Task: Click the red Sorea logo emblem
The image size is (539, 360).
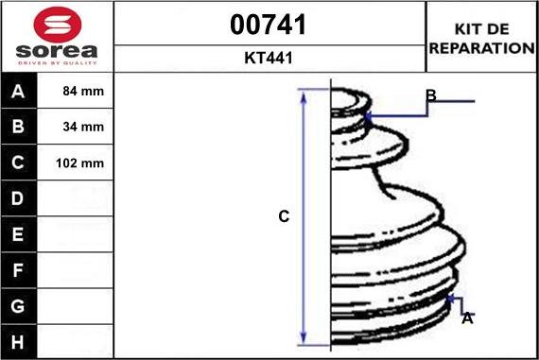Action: [58, 25]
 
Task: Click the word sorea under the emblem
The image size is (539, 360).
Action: [57, 51]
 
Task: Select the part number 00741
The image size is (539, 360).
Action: [269, 25]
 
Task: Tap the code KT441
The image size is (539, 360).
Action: [269, 58]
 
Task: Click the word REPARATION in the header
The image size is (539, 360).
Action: [481, 48]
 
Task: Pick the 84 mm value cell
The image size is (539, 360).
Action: [75, 91]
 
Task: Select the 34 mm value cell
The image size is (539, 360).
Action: [75, 127]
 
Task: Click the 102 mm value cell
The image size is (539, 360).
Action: [75, 163]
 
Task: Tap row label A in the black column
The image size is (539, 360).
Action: [18, 92]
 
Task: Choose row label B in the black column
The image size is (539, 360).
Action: [18, 127]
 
